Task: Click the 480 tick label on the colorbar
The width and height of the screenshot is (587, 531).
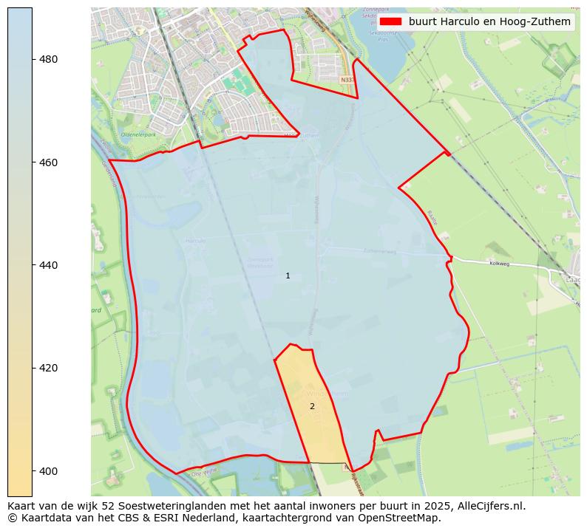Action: pos(49,59)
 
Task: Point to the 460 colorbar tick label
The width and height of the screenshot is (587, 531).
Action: pos(49,162)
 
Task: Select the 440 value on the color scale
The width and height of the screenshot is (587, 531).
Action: pos(49,264)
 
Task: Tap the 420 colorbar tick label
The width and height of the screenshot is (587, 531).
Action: pos(49,368)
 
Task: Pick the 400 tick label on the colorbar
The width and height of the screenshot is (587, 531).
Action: pos(49,470)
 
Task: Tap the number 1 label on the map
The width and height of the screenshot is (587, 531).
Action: pos(288,275)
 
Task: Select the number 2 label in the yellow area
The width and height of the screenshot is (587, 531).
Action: pos(312,406)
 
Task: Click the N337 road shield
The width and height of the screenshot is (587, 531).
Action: pos(347,79)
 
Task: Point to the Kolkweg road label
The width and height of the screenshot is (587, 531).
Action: pos(501,263)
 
